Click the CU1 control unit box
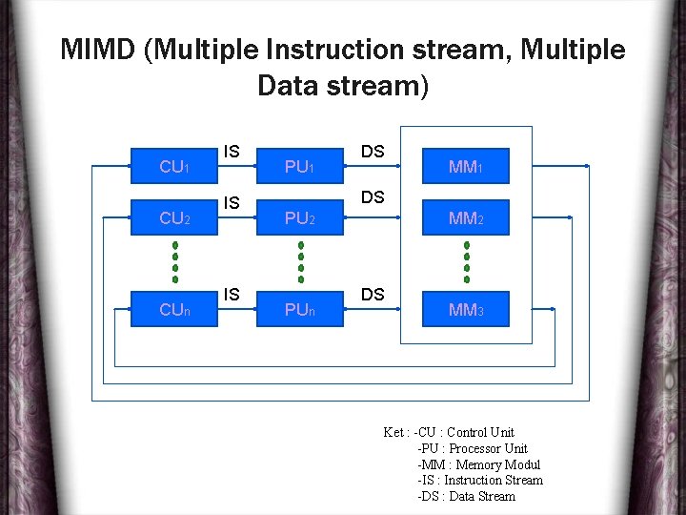coord(173,167)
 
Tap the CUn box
coord(173,309)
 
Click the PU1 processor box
coord(300,167)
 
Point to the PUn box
coord(300,309)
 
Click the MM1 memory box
coord(466,167)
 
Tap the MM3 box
coord(466,309)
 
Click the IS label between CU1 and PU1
coord(232,152)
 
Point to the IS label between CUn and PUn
coord(232,295)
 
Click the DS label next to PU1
coord(373,152)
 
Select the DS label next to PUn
coord(373,295)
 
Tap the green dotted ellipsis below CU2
coord(175,262)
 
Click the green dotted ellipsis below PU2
coord(300,262)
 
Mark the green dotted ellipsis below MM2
coord(467,262)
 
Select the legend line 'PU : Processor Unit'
coord(473,448)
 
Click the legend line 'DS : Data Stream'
coord(467,496)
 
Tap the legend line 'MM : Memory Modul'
coord(478,464)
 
